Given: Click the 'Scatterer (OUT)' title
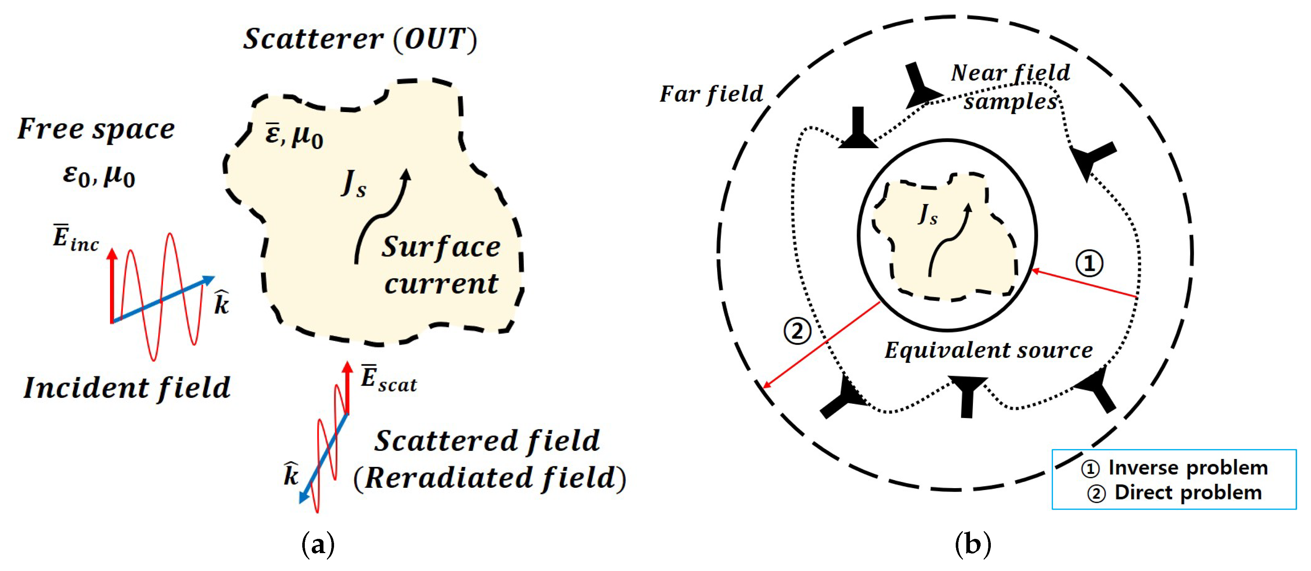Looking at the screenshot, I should click(360, 39).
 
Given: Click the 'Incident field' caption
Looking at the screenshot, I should click(127, 388).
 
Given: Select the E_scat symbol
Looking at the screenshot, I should click(388, 379).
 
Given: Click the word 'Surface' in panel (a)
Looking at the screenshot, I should click(441, 248).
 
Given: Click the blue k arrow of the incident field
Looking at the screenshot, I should click(163, 299).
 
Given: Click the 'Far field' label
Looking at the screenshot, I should click(711, 95).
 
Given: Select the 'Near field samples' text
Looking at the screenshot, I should click(1011, 87).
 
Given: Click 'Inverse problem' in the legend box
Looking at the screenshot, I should click(1187, 467).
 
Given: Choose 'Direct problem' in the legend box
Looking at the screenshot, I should click(1187, 492).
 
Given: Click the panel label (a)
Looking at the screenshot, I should click(318, 545).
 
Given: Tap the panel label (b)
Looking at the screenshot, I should click(973, 545).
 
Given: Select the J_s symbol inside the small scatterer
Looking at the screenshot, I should click(927, 214).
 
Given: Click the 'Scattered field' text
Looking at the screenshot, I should click(487, 441).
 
